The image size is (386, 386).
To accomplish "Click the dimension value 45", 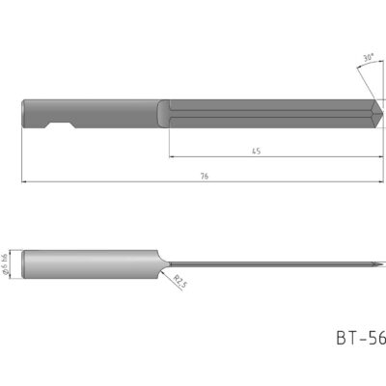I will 258,152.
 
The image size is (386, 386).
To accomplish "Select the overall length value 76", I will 205,177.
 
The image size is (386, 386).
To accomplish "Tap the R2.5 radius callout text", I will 180,283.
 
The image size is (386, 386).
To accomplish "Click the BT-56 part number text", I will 360,339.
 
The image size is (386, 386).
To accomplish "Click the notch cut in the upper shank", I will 60,125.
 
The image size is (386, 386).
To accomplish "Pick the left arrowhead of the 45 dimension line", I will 171,157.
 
